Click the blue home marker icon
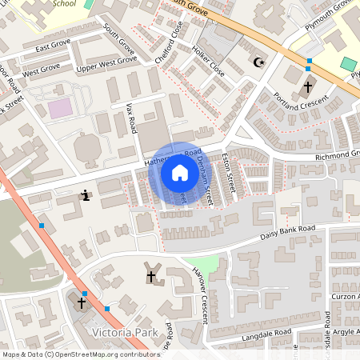pyautogui.click(x=179, y=172)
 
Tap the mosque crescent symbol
pyautogui.click(x=258, y=62)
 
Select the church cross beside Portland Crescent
pyautogui.click(x=308, y=86)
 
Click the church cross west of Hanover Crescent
pyautogui.click(x=150, y=276)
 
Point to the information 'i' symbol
pyautogui.click(x=86, y=194)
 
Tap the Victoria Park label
pyautogui.click(x=126, y=331)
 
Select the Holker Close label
pyautogui.click(x=207, y=61)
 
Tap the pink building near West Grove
pyautogui.click(x=58, y=108)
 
